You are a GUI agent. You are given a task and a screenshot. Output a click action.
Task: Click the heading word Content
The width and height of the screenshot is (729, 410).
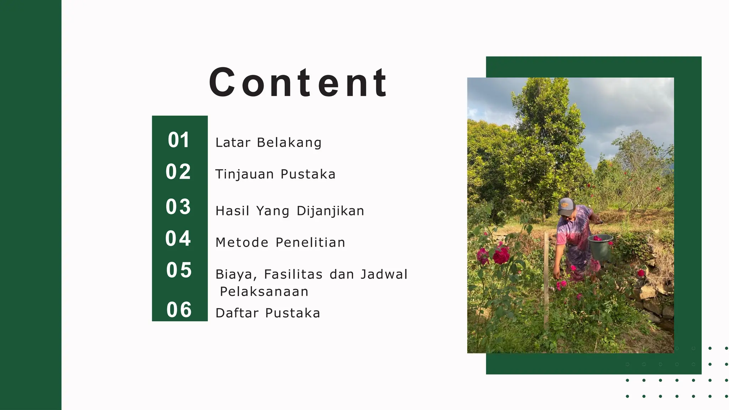[298, 83]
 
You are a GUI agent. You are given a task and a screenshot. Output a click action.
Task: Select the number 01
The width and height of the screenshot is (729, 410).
[179, 140]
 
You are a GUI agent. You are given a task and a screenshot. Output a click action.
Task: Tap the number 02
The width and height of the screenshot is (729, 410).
[178, 172]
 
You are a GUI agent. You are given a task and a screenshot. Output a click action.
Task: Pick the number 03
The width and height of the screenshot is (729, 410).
[178, 206]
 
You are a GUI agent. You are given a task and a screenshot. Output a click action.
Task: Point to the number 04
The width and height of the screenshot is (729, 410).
[178, 238]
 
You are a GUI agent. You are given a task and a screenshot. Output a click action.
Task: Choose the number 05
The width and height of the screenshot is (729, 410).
[179, 270]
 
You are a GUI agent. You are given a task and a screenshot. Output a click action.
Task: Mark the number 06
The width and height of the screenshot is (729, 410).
[179, 309]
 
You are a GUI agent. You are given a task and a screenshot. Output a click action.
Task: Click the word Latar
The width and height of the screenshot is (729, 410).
[233, 143]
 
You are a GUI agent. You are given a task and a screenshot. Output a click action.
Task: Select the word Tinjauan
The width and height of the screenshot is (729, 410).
[245, 174]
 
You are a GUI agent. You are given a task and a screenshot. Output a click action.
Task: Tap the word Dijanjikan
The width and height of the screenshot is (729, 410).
[330, 211]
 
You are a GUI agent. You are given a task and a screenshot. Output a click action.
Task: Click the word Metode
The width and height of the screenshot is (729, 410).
[242, 243]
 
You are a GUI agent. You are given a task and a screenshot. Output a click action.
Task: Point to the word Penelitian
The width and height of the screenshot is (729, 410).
[310, 243]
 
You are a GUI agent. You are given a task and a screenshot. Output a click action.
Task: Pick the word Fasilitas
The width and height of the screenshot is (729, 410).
[293, 274]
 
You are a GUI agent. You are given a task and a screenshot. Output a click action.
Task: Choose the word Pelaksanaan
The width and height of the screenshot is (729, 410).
[264, 292]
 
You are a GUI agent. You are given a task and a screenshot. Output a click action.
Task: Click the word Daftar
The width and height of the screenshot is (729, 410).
[237, 313]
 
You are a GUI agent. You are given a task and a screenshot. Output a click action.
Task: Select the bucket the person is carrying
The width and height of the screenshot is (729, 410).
[600, 247]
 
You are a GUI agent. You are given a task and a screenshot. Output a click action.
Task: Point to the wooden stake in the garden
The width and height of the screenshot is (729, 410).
[546, 281]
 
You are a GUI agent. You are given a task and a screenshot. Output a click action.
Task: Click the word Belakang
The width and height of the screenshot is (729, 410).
[289, 143]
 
